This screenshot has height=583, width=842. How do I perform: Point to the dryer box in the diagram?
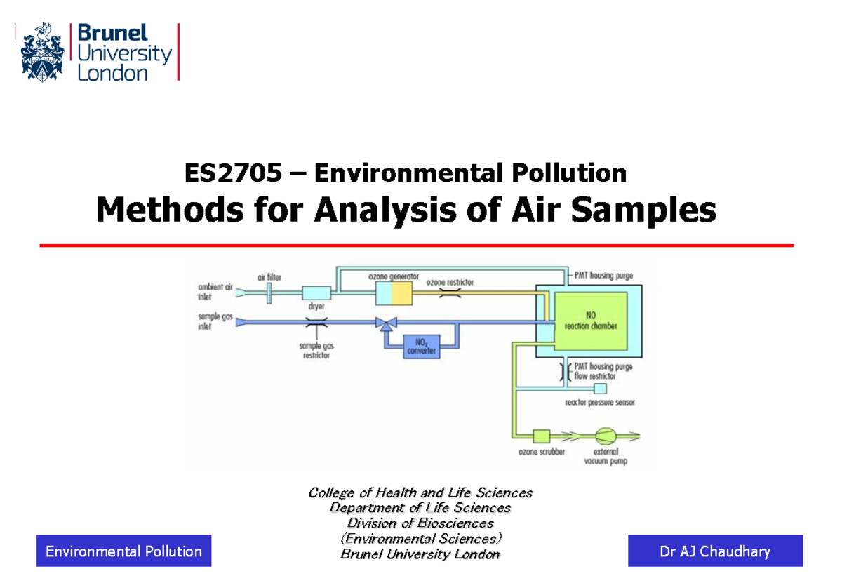click(x=316, y=293)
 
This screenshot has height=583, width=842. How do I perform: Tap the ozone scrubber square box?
click(x=541, y=436)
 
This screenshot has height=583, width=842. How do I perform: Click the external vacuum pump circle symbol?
click(x=606, y=436)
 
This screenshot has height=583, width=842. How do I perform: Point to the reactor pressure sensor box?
click(x=600, y=388)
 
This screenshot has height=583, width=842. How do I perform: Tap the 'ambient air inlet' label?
click(x=212, y=290)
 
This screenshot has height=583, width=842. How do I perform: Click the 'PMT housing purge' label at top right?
click(x=603, y=276)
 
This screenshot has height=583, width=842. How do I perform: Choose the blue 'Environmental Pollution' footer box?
click(x=123, y=551)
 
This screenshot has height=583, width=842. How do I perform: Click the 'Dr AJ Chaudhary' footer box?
click(x=715, y=551)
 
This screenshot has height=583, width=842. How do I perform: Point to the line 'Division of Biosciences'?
click(x=420, y=523)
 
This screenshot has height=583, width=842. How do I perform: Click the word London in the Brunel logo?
click(x=112, y=73)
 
